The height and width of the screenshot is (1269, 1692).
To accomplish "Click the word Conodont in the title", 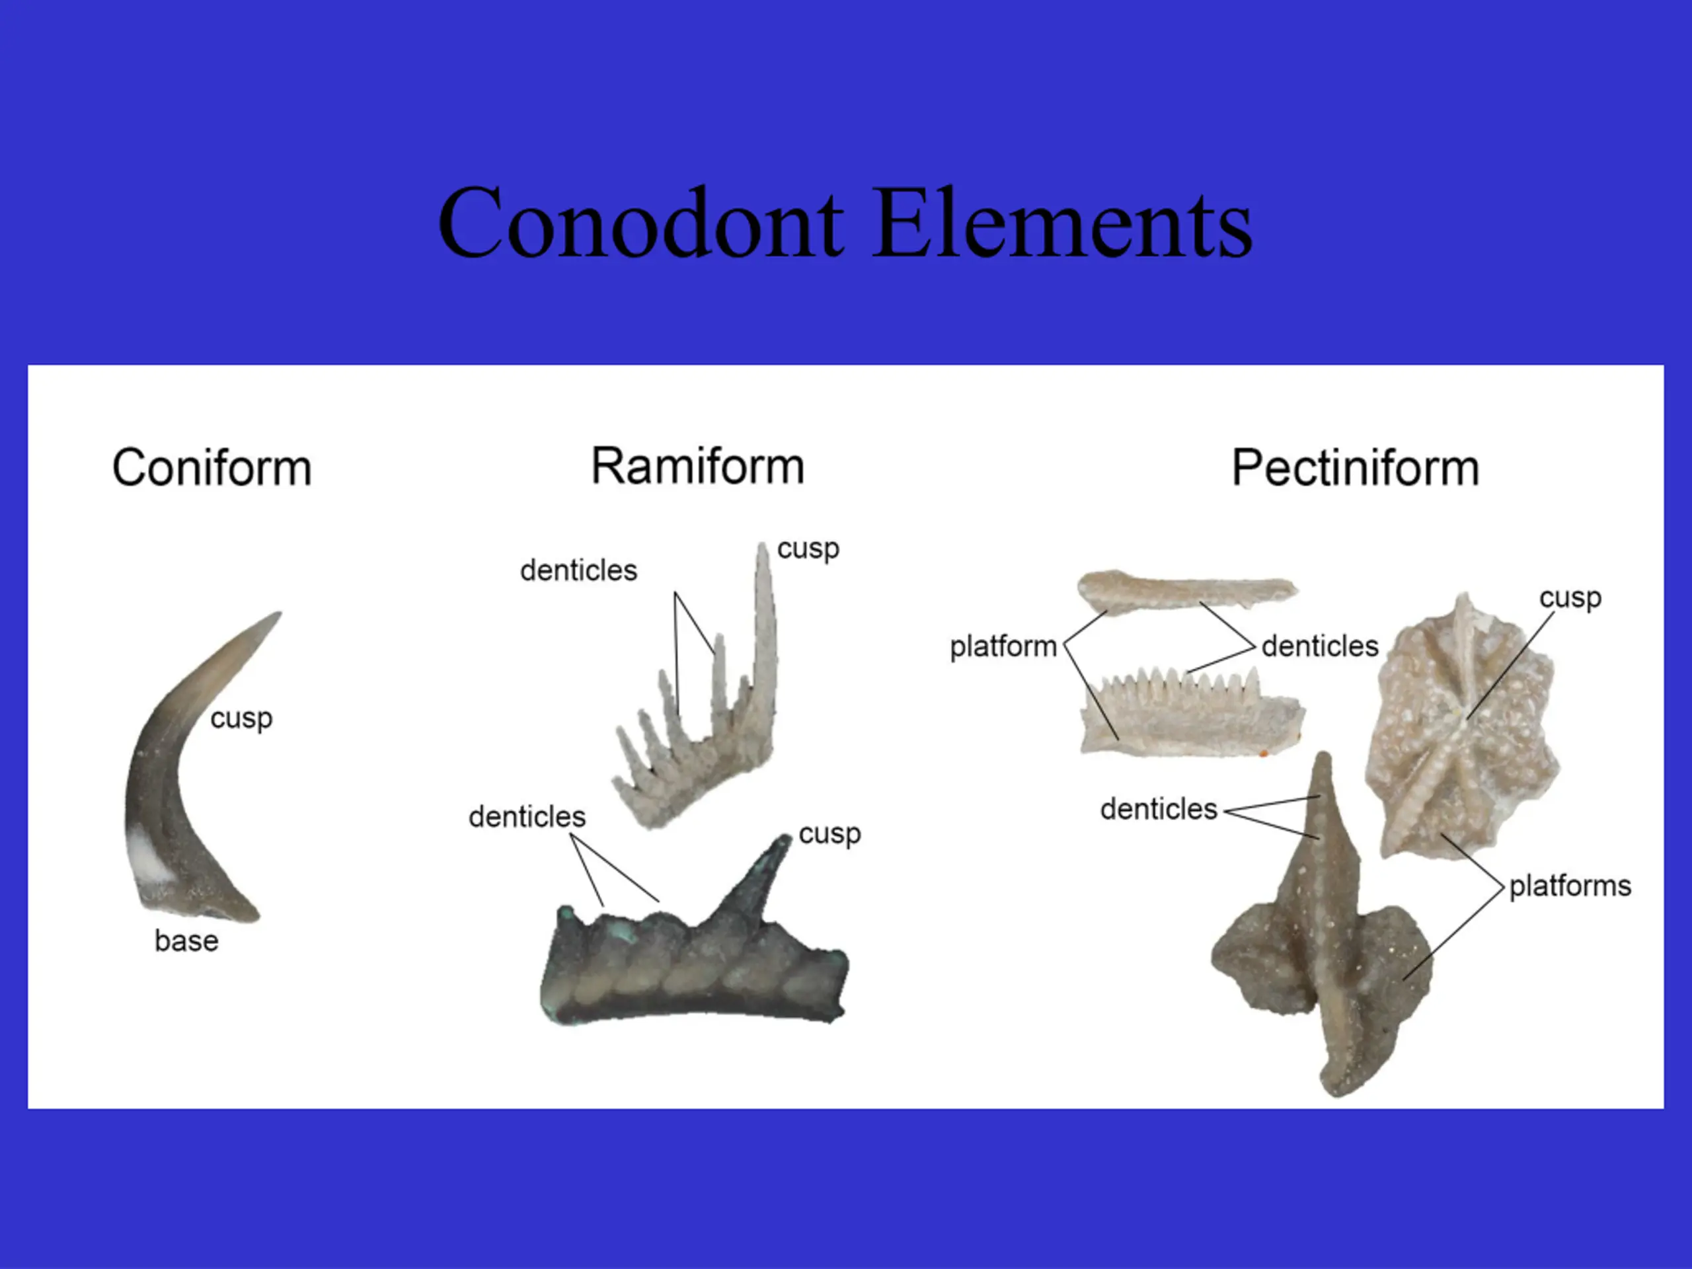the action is point(641,223).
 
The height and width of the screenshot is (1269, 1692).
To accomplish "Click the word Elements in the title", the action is point(1063,223).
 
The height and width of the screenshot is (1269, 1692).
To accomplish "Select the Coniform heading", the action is point(212,467).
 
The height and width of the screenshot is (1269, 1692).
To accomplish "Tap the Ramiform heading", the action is point(697,466).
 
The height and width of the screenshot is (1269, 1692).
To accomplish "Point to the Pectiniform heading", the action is point(1355,467).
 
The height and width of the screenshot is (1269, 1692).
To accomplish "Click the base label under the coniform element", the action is point(186,941).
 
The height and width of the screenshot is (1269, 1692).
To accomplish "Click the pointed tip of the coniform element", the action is point(280,613).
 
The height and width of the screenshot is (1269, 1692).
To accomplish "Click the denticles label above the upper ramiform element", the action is point(578,570).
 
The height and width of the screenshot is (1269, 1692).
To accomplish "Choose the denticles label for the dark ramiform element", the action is point(527,817).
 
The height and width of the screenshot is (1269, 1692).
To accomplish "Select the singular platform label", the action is point(1003,647).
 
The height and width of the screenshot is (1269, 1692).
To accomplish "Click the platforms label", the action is point(1570,886).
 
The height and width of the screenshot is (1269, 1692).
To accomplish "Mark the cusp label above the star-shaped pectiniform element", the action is point(1570,598).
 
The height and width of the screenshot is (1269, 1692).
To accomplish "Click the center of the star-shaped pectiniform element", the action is point(1463,718).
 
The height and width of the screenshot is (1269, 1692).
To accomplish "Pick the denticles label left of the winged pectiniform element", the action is point(1159,809).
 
